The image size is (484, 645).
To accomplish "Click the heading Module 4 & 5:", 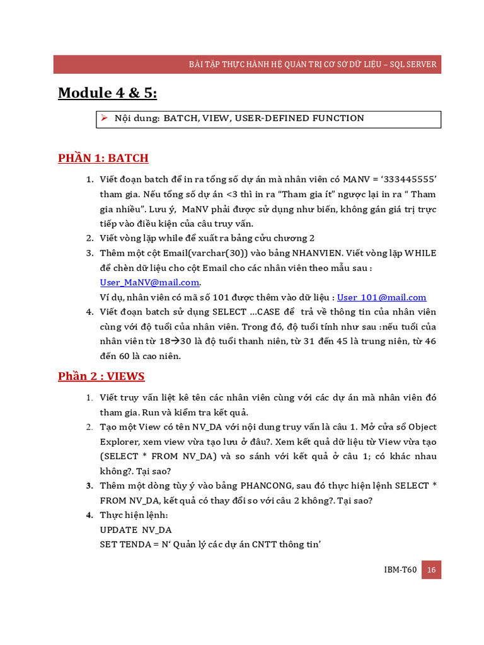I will coord(107,93).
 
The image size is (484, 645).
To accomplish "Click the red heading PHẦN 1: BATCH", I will coord(103,158).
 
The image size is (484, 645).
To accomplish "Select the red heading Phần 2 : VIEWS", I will coord(101,377).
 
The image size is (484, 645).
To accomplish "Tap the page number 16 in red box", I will coord(431,569).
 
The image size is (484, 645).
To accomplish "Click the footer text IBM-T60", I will coord(400,570).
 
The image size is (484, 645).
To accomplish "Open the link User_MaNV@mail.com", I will coord(149,282).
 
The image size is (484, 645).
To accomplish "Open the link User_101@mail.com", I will coord(382,297).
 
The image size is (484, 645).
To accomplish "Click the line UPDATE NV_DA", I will coord(135,530).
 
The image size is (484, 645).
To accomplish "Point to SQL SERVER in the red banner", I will coord(413,65).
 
